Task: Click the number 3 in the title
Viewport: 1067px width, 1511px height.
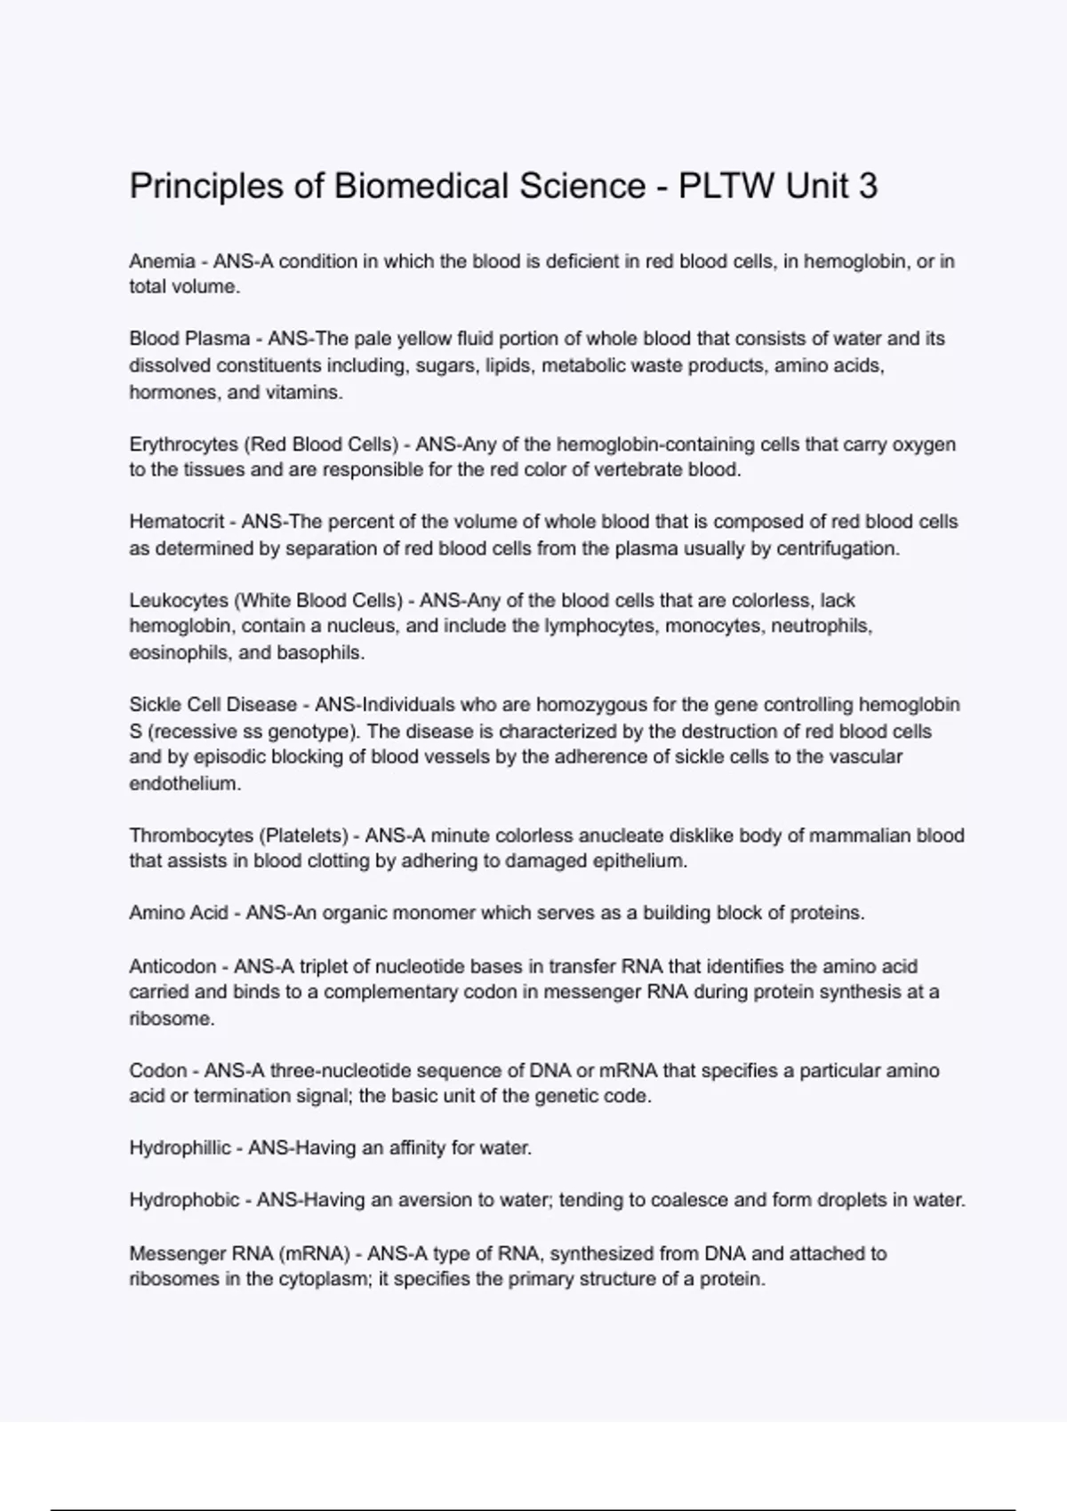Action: click(868, 187)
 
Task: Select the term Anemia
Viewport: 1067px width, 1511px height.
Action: click(162, 261)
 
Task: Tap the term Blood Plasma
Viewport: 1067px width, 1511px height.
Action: click(189, 339)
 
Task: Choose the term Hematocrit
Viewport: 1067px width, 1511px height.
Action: click(177, 522)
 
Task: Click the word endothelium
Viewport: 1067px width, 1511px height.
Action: click(185, 784)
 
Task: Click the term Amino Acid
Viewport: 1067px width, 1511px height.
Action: click(179, 913)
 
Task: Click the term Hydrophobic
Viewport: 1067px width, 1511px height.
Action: click(184, 1201)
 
